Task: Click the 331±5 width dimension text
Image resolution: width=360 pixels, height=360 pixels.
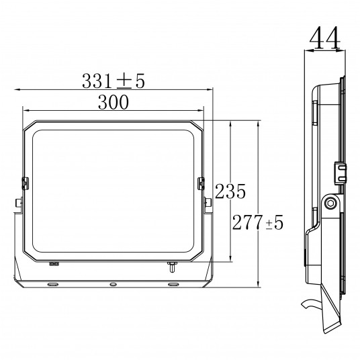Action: point(114,81)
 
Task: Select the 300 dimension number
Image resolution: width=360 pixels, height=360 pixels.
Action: point(114,102)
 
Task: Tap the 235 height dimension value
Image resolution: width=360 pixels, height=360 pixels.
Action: point(230,191)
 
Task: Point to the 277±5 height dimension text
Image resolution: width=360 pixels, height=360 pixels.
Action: point(258,222)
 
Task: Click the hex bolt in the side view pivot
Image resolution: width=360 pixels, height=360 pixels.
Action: point(331,204)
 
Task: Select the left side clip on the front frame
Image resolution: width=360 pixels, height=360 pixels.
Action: point(25,183)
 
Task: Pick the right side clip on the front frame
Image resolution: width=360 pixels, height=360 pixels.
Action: point(201,183)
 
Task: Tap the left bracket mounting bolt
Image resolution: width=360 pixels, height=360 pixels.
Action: point(18,203)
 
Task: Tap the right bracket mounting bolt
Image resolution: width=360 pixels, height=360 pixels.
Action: point(208,203)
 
